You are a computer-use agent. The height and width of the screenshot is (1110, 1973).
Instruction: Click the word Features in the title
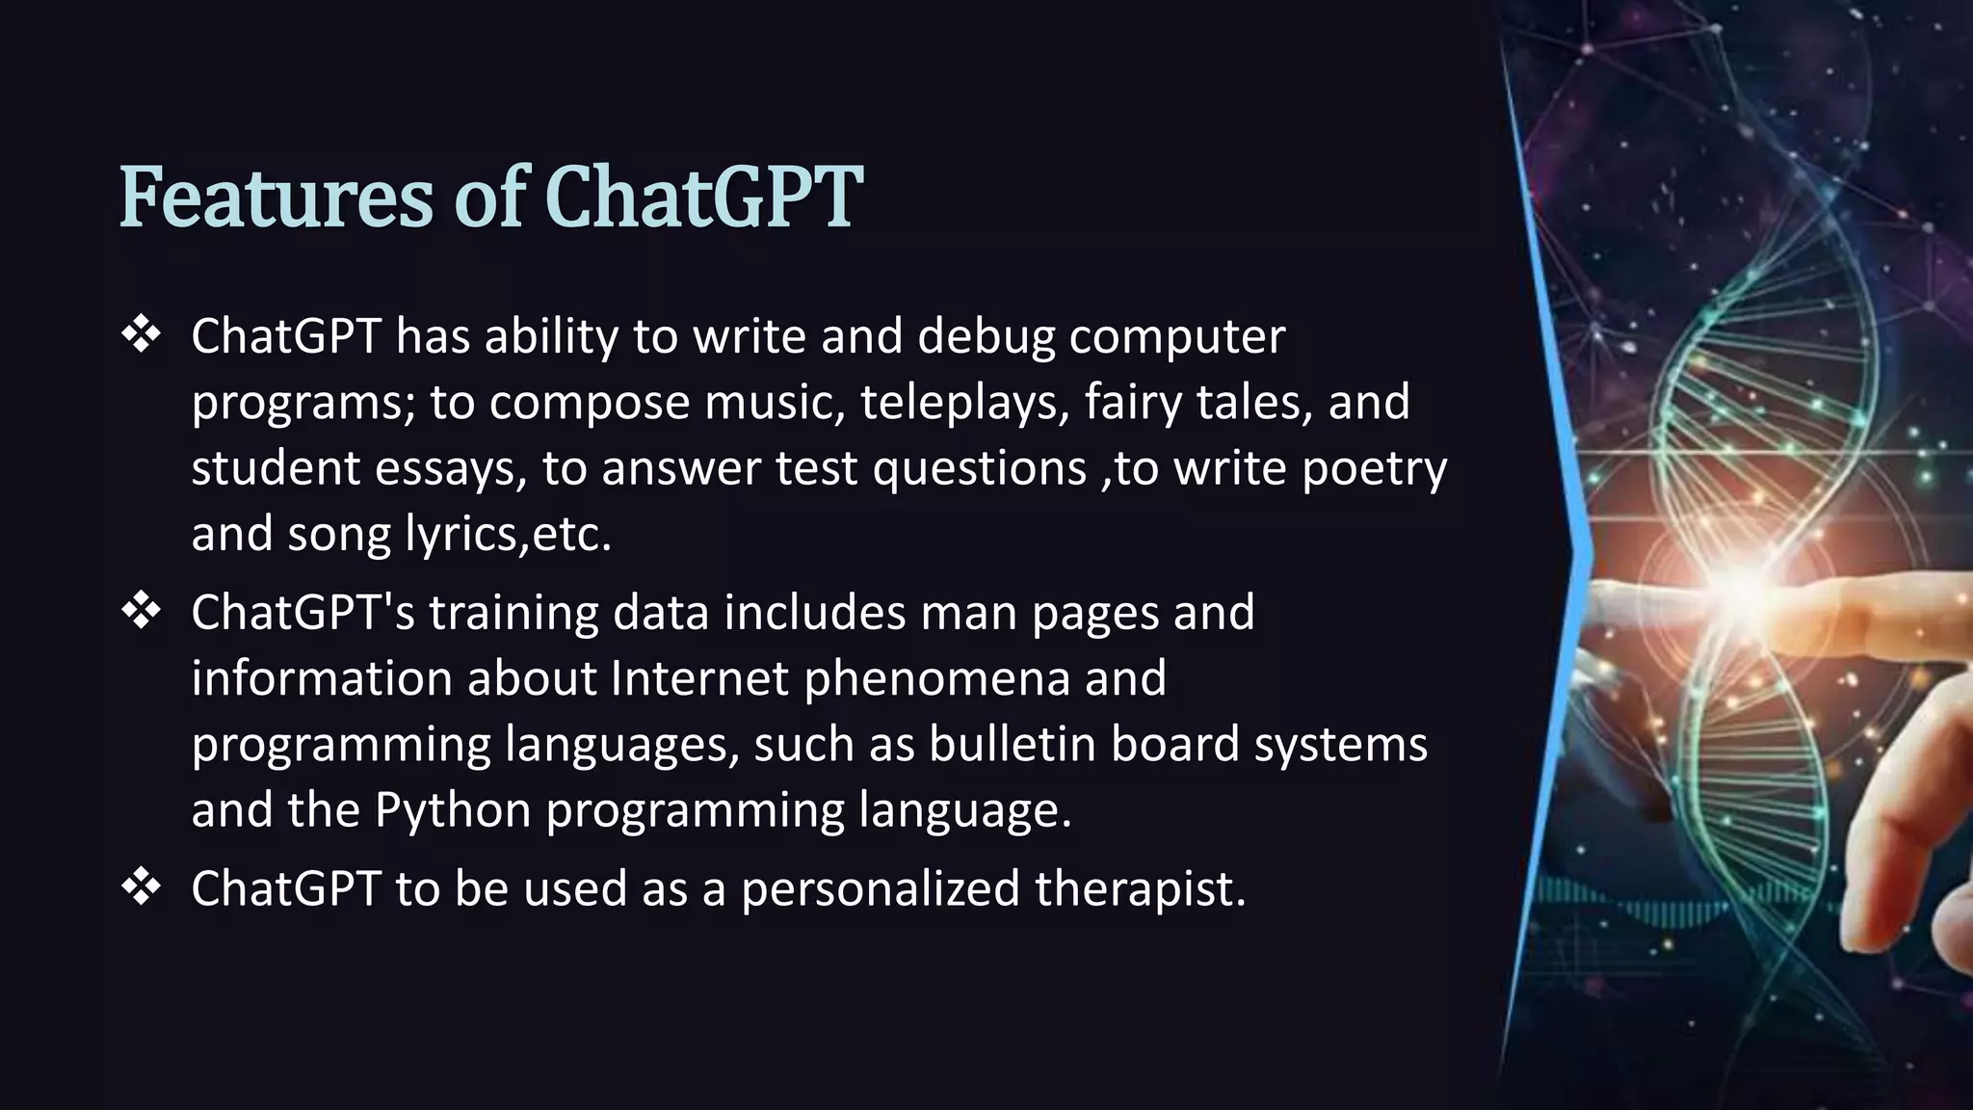coord(276,198)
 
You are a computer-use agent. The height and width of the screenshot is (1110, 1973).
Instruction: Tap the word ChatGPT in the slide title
coord(703,198)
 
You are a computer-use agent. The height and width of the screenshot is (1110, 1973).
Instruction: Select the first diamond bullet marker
coord(142,336)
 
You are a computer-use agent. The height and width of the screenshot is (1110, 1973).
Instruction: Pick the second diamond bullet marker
coord(142,612)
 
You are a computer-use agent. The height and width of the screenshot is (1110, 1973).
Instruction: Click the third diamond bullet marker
coord(142,887)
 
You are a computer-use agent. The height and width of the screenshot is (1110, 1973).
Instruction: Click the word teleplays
coord(964,403)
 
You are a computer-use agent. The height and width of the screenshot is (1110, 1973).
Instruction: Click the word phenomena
coord(936,678)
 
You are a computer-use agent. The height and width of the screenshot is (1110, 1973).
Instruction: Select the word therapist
coord(1140,888)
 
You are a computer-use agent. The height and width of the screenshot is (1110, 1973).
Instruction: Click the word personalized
coord(880,888)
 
